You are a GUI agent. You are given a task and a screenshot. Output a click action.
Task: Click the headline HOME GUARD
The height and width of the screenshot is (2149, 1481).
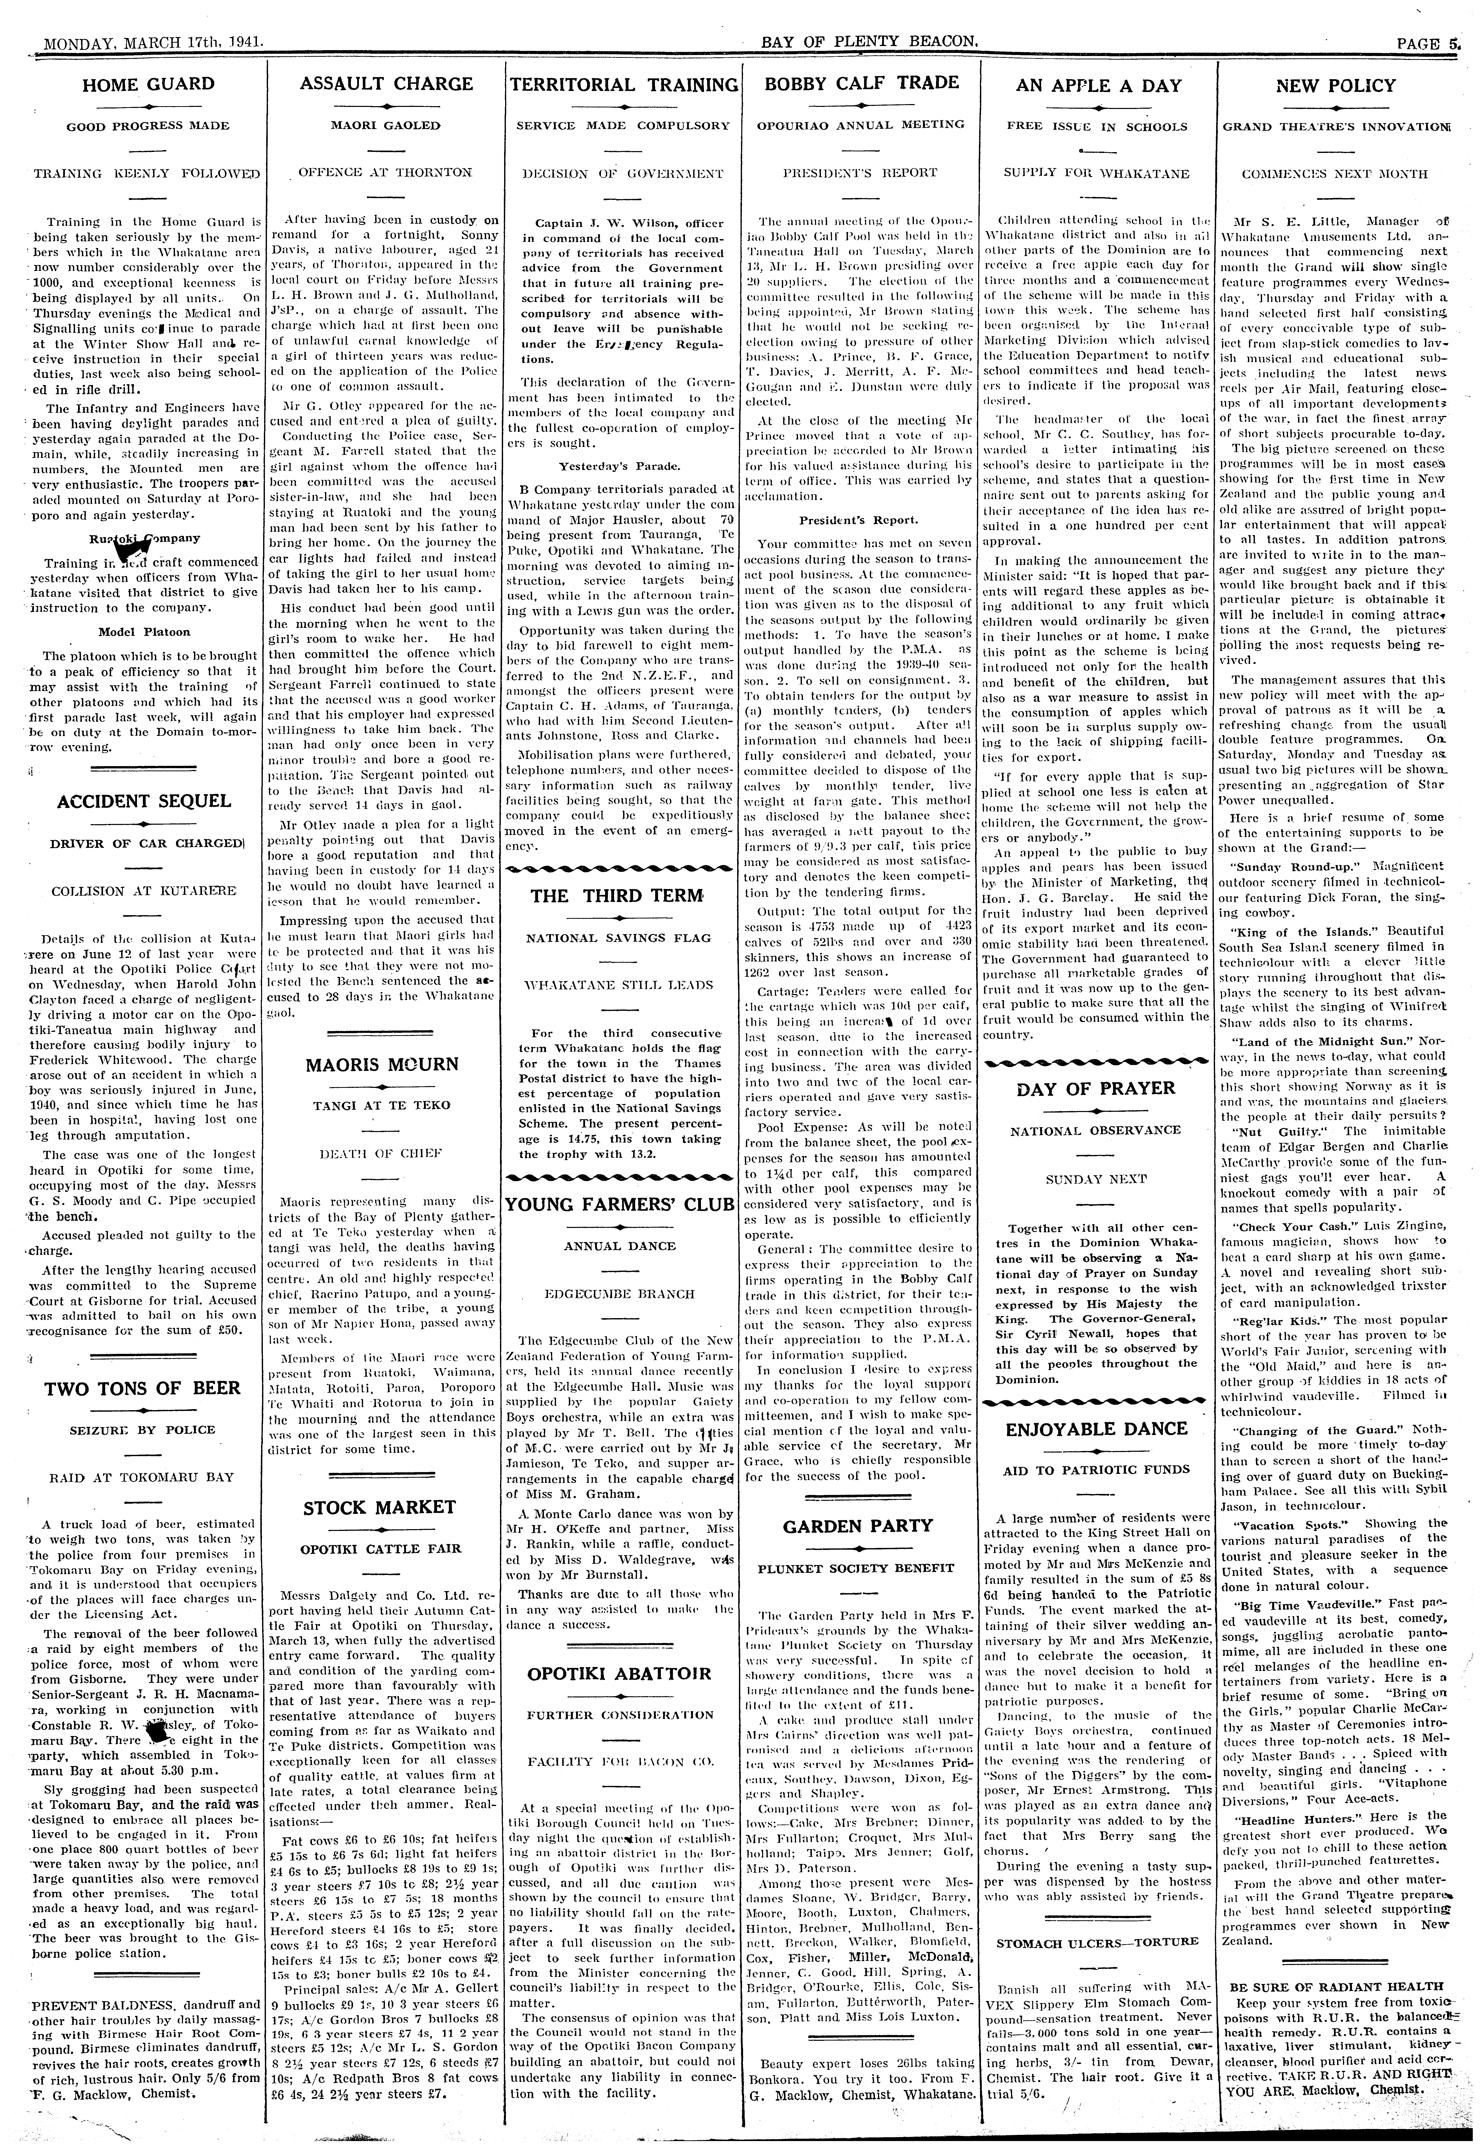[x=149, y=85]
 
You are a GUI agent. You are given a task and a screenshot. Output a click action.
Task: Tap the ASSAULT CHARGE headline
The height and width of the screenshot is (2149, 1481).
[x=386, y=85]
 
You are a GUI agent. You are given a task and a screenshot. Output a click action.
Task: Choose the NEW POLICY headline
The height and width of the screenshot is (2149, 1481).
[x=1335, y=85]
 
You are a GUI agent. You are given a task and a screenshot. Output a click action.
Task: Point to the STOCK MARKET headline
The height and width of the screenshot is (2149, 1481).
[x=379, y=1507]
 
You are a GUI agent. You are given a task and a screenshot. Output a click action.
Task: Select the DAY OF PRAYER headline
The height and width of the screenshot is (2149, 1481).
[x=1096, y=1088]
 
